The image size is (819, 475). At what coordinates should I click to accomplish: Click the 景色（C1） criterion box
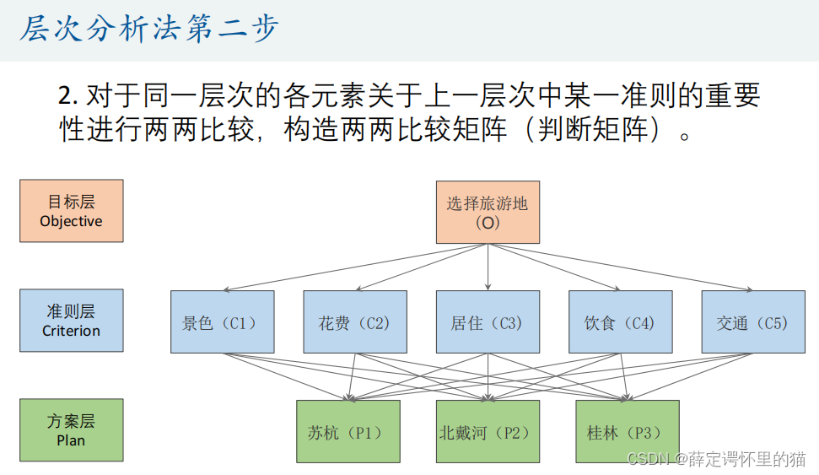(222, 322)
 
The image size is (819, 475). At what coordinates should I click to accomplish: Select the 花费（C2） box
(354, 322)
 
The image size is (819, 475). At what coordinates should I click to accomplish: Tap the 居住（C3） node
(488, 322)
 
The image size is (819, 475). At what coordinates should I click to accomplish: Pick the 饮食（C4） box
(620, 322)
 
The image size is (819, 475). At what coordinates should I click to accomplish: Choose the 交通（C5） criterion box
(752, 322)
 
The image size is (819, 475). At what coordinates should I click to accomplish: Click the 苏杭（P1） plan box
(348, 432)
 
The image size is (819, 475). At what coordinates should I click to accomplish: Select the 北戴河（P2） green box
(488, 432)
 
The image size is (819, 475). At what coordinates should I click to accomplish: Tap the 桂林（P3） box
(627, 432)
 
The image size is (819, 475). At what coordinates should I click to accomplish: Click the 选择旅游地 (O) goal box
(488, 213)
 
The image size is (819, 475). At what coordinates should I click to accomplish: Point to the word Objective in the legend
(71, 221)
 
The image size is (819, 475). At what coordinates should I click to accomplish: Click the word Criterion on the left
(71, 331)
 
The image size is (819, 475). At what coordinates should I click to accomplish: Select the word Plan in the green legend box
(71, 440)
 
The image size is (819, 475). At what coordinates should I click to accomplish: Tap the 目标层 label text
(71, 202)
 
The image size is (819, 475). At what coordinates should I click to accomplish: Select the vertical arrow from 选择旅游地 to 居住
(488, 267)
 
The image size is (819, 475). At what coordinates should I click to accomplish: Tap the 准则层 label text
(71, 311)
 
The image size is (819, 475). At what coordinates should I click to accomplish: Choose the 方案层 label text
(71, 421)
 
